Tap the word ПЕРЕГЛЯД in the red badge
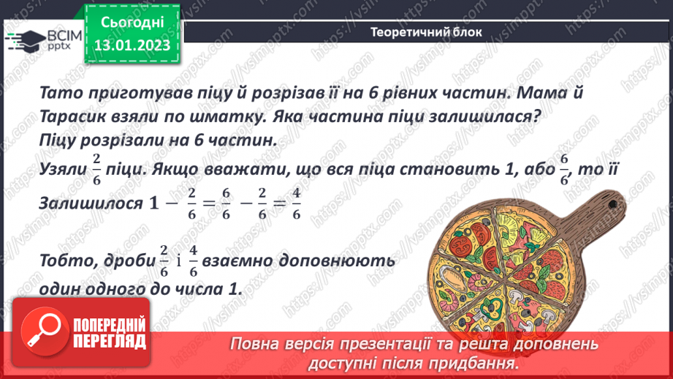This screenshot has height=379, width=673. point(110,341)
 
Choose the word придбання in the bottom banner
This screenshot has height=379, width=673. point(481,362)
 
